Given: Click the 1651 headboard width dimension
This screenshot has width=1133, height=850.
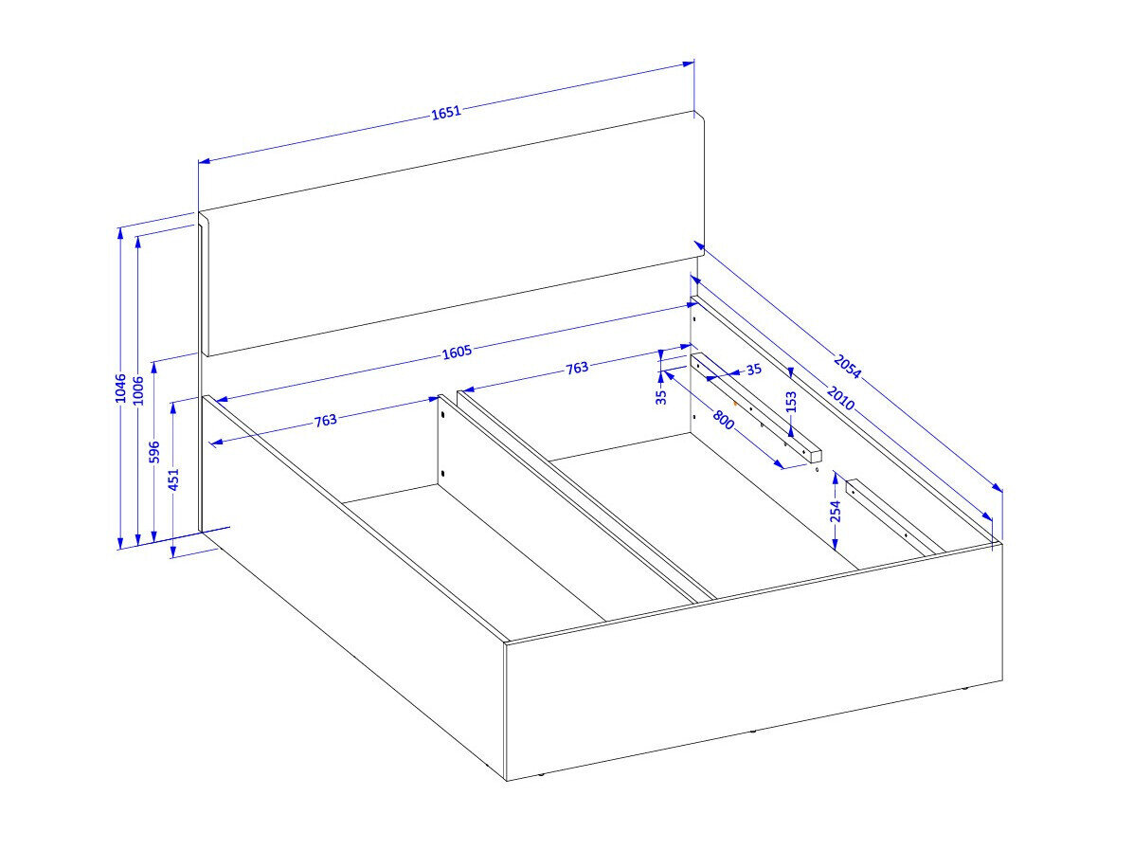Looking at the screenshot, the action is [x=446, y=112].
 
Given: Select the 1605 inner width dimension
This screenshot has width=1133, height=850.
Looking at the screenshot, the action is [x=457, y=352].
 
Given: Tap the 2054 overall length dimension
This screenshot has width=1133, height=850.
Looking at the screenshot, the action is [x=848, y=367].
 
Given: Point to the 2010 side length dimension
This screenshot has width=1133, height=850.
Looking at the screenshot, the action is [x=840, y=398].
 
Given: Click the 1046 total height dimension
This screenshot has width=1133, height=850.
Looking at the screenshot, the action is [x=120, y=389].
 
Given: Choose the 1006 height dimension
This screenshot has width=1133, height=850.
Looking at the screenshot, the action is [x=138, y=390].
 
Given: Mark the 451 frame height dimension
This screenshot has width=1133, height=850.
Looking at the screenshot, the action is [x=173, y=479].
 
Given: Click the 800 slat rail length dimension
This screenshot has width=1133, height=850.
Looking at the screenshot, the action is [x=724, y=419].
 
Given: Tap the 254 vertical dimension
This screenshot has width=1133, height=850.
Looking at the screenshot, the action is [x=836, y=511].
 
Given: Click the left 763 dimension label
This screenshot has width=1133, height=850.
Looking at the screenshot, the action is [x=325, y=420].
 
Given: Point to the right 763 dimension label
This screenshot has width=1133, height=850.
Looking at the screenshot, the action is [x=577, y=368].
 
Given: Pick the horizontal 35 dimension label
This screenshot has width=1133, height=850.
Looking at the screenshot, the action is [x=754, y=371].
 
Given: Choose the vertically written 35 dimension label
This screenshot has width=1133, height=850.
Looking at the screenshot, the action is [x=661, y=397].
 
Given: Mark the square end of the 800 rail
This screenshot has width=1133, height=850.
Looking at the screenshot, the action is [x=815, y=456].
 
